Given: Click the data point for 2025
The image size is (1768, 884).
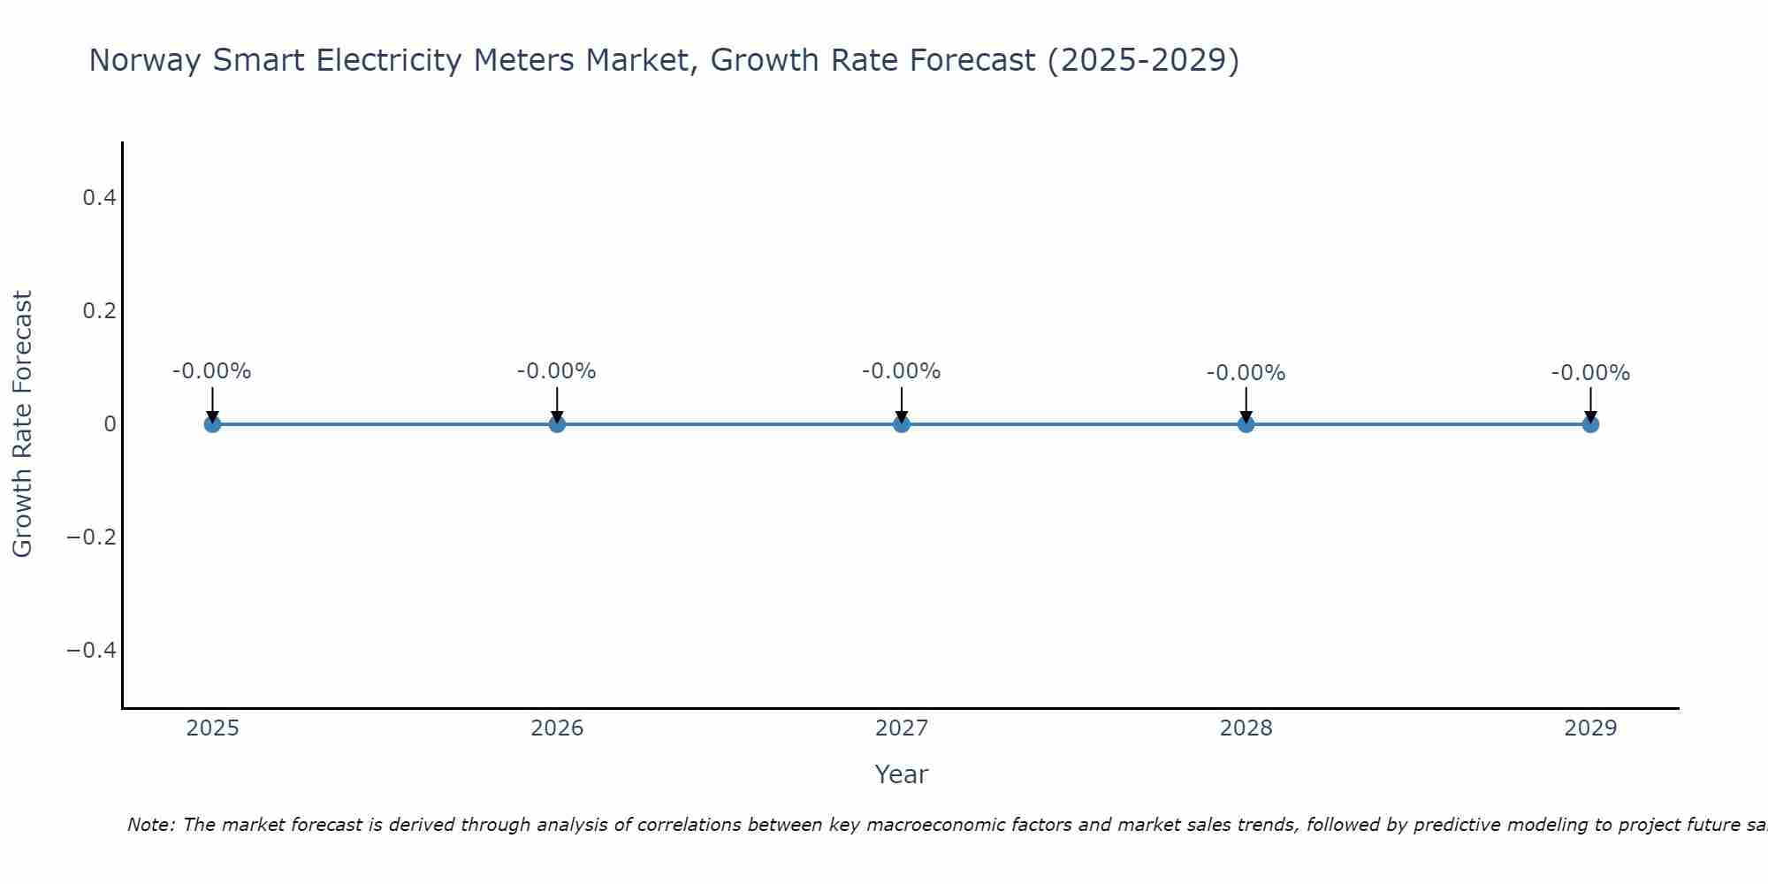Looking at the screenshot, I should (x=212, y=424).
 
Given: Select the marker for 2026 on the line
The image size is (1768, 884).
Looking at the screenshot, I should (x=557, y=424).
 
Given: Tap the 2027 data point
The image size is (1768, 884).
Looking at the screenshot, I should (x=902, y=424).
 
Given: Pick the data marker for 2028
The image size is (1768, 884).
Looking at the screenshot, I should (x=1246, y=424).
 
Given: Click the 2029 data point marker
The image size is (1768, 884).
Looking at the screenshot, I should (x=1590, y=424).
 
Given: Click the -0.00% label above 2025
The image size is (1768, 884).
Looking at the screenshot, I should (x=212, y=371).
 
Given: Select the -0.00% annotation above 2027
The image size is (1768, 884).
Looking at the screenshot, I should (x=902, y=371).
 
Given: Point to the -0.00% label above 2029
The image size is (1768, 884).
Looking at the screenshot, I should (x=1590, y=373).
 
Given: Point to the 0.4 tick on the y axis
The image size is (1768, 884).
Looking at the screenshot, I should (x=99, y=198).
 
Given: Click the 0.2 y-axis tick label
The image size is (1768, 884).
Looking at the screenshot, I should (x=99, y=311).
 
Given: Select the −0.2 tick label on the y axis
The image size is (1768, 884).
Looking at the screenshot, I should (x=92, y=537).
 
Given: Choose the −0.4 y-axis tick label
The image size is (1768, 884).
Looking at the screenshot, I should (x=92, y=651).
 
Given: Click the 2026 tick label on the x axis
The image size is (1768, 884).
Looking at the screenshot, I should (x=557, y=728).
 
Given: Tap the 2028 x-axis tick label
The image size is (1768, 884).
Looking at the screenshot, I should (x=1246, y=728).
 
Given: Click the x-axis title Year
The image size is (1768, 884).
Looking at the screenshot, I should (x=902, y=774).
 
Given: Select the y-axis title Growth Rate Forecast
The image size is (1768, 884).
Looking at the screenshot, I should (x=22, y=424).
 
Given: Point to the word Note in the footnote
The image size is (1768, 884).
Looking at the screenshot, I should (x=150, y=825).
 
